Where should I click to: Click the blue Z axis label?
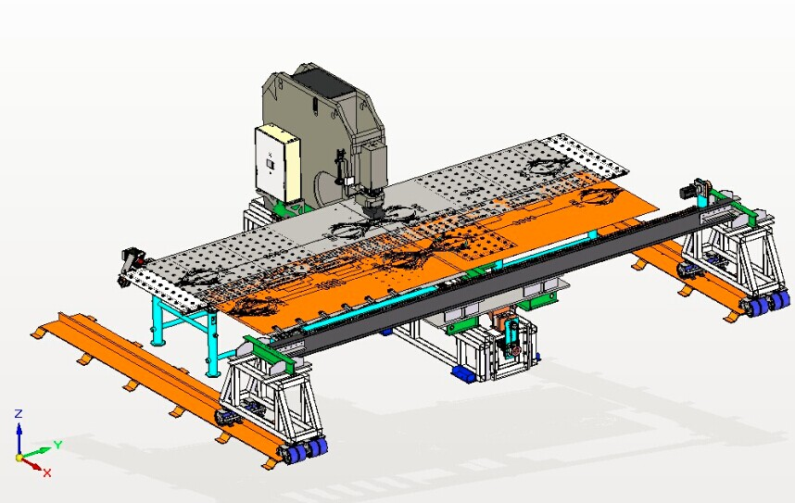pyautogui.click(x=19, y=414)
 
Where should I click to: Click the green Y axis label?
pyautogui.click(x=58, y=445)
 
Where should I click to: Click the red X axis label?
pyautogui.click(x=47, y=472)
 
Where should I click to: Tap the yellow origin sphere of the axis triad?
pyautogui.click(x=19, y=458)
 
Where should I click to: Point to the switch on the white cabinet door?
pyautogui.click(x=271, y=164)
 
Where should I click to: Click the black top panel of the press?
pyautogui.click(x=322, y=82)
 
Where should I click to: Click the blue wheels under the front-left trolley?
pyautogui.click(x=308, y=450)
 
